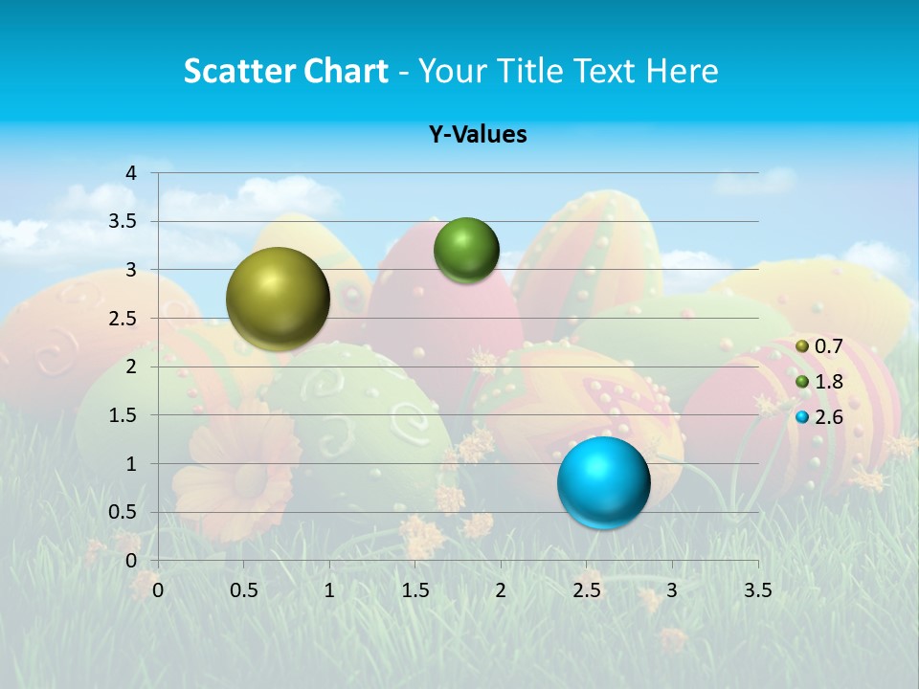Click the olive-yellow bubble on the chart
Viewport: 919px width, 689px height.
278,299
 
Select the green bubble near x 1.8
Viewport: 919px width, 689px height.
466,250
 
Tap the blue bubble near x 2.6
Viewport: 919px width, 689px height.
603,482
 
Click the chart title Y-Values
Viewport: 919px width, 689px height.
478,135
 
